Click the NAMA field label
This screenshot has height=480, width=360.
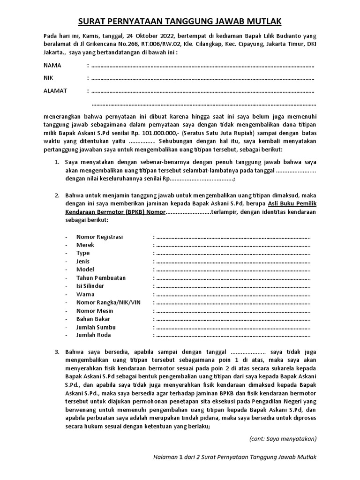[x=52, y=65]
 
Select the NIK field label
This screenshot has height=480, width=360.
[x=49, y=78]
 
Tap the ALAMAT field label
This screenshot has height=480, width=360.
[x=55, y=90]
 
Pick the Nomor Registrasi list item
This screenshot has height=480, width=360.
[x=99, y=237]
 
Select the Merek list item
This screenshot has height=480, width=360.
[x=85, y=245]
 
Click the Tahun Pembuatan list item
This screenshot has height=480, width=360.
[x=101, y=277]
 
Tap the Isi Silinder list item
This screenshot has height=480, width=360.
[x=90, y=285]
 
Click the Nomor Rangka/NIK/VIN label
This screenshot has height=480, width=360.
[x=108, y=302]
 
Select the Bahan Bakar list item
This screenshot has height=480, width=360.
[x=93, y=319]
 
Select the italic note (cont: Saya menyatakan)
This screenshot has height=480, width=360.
[x=282, y=439]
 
